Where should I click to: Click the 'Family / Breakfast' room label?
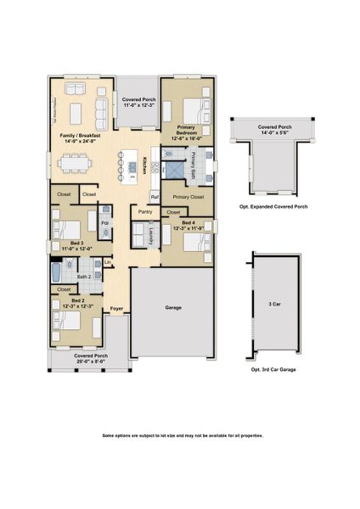tap(80, 135)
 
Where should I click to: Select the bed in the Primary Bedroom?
tap(191, 109)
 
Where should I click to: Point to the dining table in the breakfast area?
tap(78, 162)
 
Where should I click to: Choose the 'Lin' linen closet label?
tap(108, 262)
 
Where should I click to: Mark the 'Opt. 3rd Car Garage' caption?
tap(274, 371)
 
